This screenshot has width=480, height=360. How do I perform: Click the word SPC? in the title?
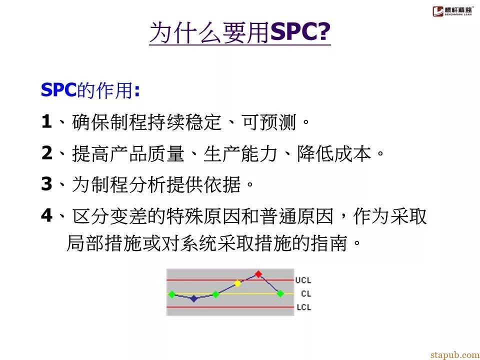[300, 32]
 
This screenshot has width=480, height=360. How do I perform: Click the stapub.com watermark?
[455, 354]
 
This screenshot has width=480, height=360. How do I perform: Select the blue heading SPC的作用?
[90, 90]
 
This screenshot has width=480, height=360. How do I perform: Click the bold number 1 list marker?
[46, 122]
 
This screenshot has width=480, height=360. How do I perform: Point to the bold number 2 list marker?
[47, 153]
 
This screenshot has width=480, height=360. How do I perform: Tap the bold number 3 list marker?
[47, 184]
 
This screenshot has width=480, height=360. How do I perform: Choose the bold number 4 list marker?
[47, 216]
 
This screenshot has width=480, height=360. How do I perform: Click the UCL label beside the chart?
[303, 280]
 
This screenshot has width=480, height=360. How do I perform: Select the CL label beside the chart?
[306, 294]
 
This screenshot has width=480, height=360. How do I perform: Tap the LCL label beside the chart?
[303, 307]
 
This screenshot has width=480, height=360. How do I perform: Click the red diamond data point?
[258, 273]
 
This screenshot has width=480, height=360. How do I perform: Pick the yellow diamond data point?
[237, 283]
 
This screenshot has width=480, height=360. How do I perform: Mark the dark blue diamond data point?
[194, 298]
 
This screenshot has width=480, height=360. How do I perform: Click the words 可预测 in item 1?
[268, 122]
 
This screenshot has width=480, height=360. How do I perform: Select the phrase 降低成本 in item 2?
[334, 153]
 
